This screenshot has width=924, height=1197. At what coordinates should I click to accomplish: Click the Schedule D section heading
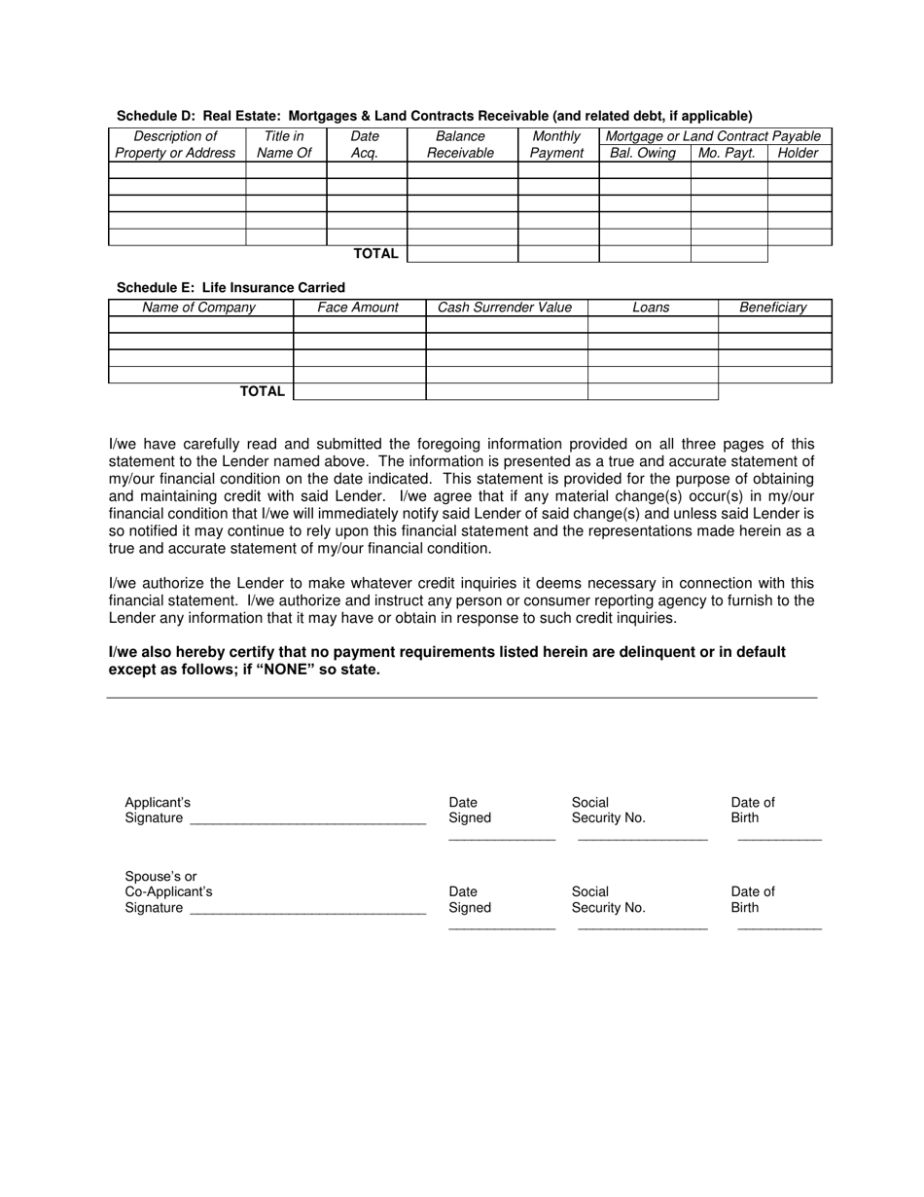[x=434, y=115]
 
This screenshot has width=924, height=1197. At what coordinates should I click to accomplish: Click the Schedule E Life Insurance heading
[x=231, y=287]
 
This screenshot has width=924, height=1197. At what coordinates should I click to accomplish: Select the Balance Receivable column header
[x=461, y=144]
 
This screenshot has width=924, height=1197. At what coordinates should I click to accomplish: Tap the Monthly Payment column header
[x=556, y=144]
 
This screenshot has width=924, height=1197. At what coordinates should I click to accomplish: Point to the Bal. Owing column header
[x=642, y=153]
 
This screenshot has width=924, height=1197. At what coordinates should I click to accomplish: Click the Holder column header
[x=799, y=153]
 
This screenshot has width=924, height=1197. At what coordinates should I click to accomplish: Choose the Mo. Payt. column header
[x=728, y=153]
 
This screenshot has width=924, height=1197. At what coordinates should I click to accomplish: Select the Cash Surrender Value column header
[x=505, y=308]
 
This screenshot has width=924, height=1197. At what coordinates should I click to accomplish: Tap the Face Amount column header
[x=358, y=308]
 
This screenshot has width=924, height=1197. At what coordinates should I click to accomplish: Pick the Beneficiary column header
[x=773, y=308]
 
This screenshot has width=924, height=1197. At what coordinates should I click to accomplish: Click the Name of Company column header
[x=199, y=308]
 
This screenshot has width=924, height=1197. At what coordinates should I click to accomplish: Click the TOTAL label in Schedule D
[x=375, y=254]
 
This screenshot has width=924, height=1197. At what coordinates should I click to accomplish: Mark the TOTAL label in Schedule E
[x=263, y=391]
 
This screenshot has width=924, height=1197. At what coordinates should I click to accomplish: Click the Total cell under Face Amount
[x=359, y=391]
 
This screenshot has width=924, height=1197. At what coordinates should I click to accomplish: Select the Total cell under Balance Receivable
[x=461, y=254]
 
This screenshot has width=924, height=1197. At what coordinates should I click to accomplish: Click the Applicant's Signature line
[x=307, y=819]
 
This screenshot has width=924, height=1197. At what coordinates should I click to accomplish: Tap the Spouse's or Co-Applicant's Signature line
[x=307, y=909]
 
